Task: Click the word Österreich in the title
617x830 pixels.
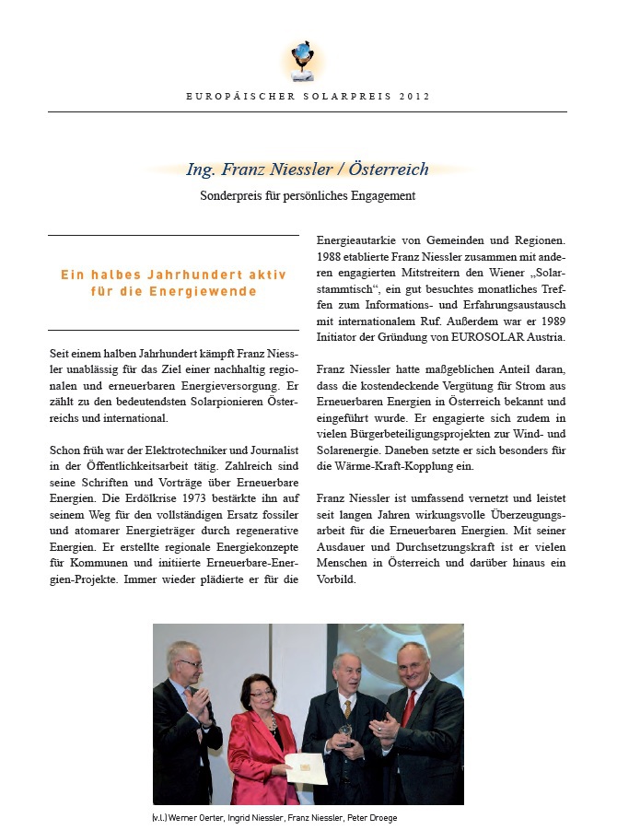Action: (x=389, y=170)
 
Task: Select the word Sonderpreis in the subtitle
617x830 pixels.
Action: (x=230, y=195)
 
